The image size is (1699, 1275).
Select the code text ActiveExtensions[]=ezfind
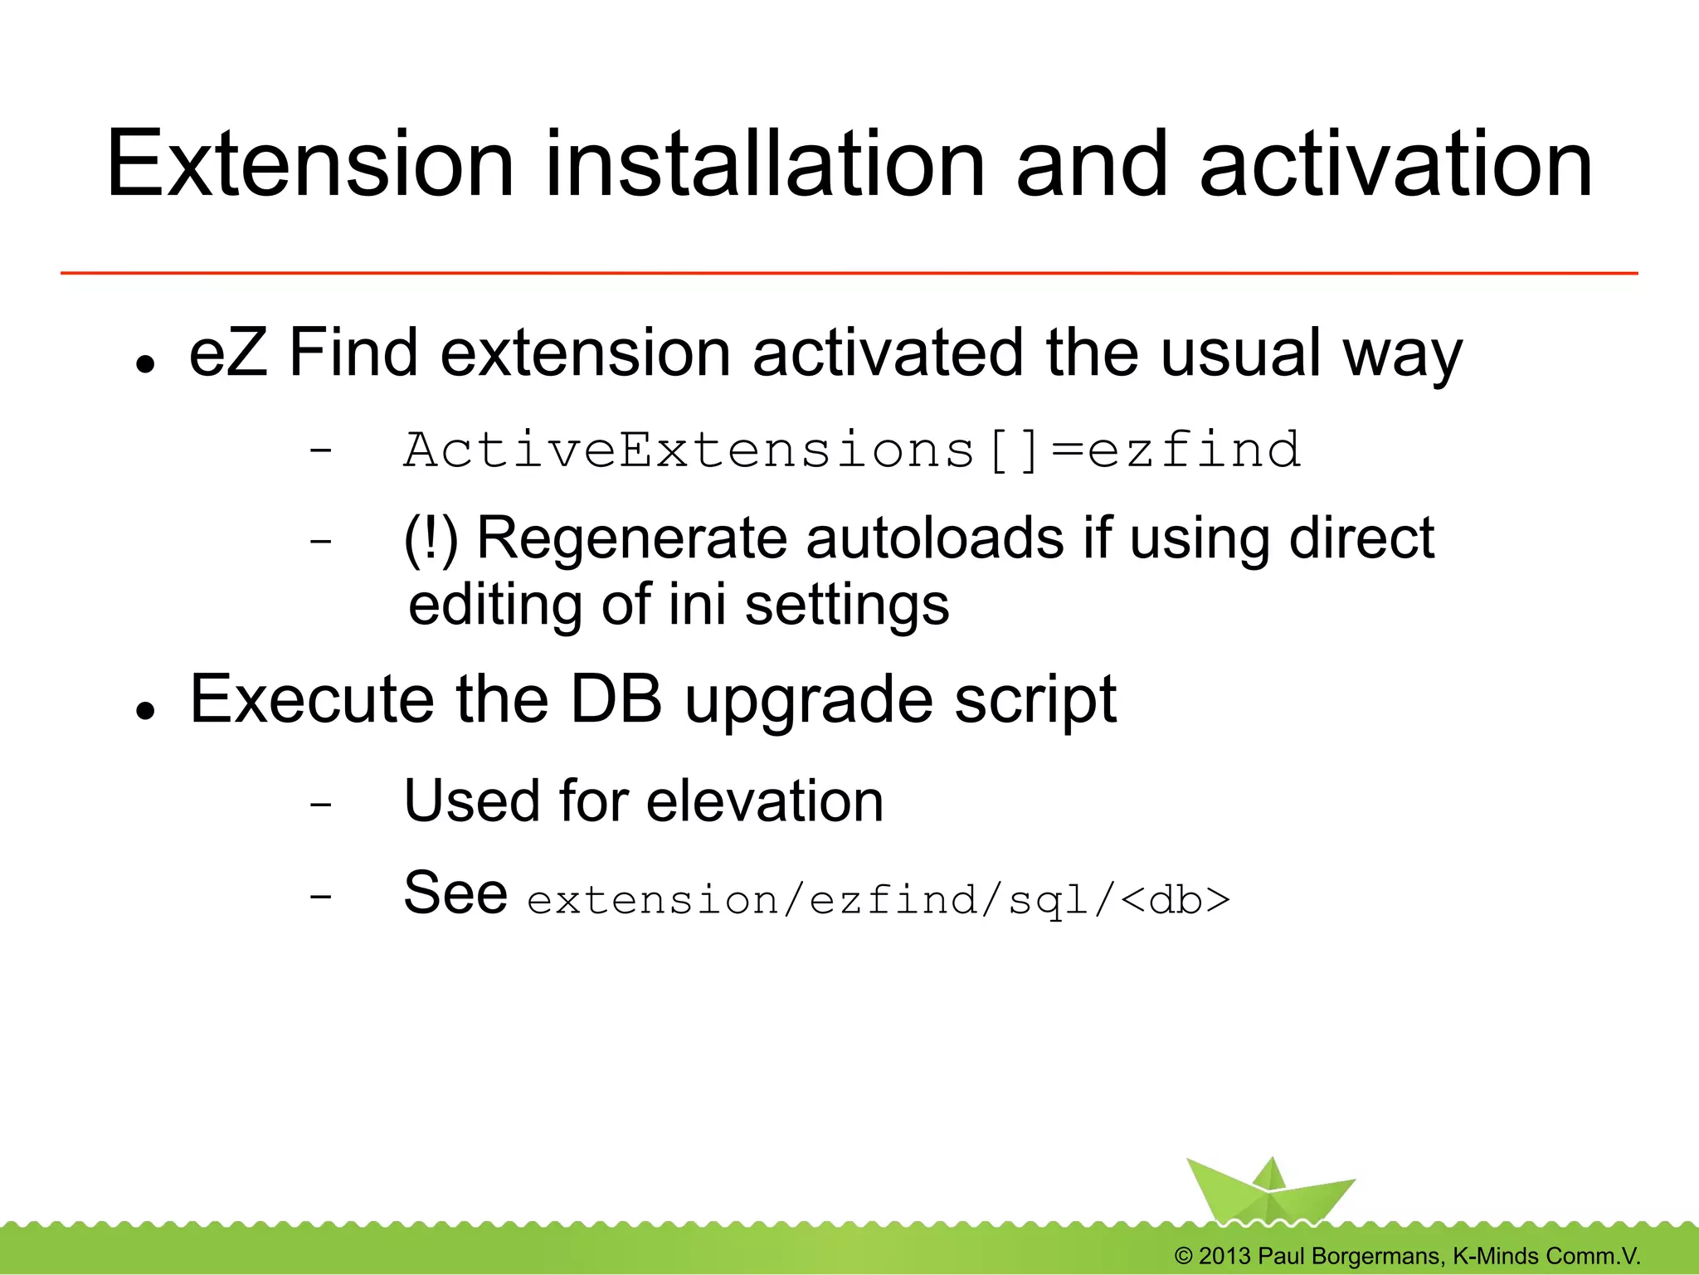(x=852, y=450)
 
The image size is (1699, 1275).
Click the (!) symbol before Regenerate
(x=431, y=540)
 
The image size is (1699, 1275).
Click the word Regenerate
(x=631, y=540)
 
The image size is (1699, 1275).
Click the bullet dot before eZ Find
(x=147, y=364)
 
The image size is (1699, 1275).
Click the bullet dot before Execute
(x=147, y=710)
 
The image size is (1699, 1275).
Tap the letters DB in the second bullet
(x=616, y=698)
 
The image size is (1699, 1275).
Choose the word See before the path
(x=455, y=893)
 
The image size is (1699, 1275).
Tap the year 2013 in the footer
(x=1224, y=1256)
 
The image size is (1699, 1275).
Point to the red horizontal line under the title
(x=849, y=272)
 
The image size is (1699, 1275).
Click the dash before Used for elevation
(x=320, y=805)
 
